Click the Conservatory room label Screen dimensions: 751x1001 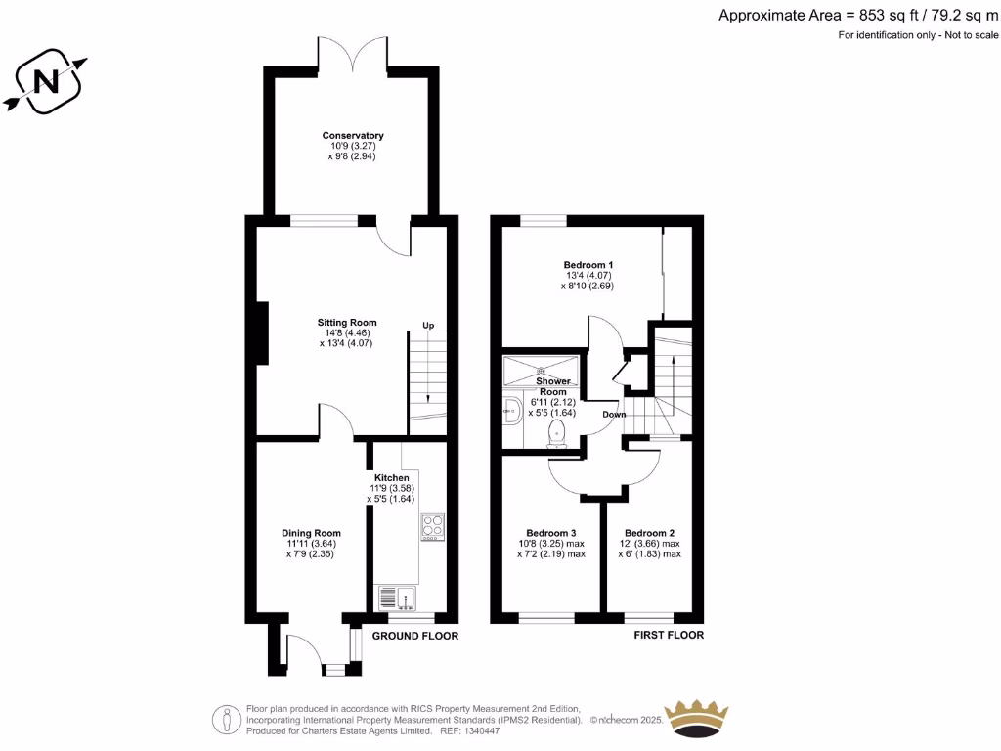(x=353, y=136)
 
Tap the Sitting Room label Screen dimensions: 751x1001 (x=346, y=323)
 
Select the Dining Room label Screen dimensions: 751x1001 (x=314, y=533)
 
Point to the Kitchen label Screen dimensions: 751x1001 (x=392, y=478)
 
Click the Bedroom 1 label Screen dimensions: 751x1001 (x=588, y=265)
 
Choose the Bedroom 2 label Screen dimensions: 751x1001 (x=650, y=533)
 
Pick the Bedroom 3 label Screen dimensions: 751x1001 (x=551, y=533)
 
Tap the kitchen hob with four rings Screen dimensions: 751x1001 (x=433, y=527)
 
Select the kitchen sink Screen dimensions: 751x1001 (x=396, y=597)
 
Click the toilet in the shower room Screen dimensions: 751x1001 (x=558, y=433)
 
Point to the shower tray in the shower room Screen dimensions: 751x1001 (x=540, y=371)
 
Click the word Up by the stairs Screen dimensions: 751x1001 (x=428, y=325)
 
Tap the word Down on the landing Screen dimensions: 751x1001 (x=614, y=414)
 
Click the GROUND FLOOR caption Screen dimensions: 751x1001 (x=415, y=636)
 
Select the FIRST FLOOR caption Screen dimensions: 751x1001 (x=670, y=636)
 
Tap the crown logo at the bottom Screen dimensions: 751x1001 (x=697, y=719)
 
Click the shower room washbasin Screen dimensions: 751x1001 (x=509, y=412)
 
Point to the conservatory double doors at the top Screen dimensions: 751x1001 (x=353, y=54)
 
